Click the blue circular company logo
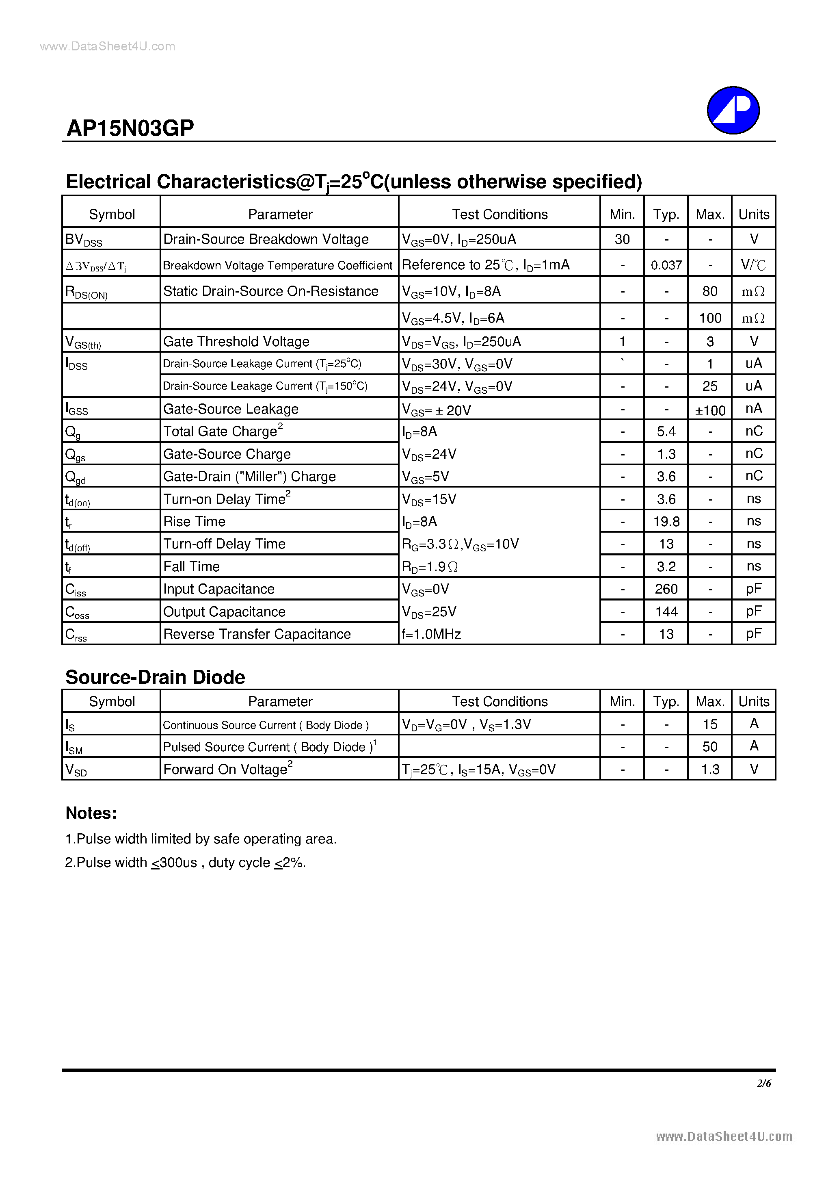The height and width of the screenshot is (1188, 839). [x=733, y=110]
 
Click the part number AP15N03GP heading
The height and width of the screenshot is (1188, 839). [x=130, y=128]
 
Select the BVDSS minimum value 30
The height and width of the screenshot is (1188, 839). [x=622, y=239]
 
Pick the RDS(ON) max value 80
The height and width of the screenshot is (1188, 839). [x=710, y=291]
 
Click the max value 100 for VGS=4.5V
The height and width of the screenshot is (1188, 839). [x=710, y=318]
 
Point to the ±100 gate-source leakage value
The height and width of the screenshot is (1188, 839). [x=710, y=410]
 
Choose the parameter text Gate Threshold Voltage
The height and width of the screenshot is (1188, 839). [x=236, y=342]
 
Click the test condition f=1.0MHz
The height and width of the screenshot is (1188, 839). [x=431, y=634]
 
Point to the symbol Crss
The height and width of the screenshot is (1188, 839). [x=76, y=634]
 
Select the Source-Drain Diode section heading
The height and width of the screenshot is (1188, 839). [x=155, y=677]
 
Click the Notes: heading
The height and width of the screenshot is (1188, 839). [x=91, y=813]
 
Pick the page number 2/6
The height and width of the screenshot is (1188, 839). [x=763, y=1083]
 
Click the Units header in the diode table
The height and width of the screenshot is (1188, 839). [x=754, y=701]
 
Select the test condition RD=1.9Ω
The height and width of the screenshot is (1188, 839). [x=429, y=567]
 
